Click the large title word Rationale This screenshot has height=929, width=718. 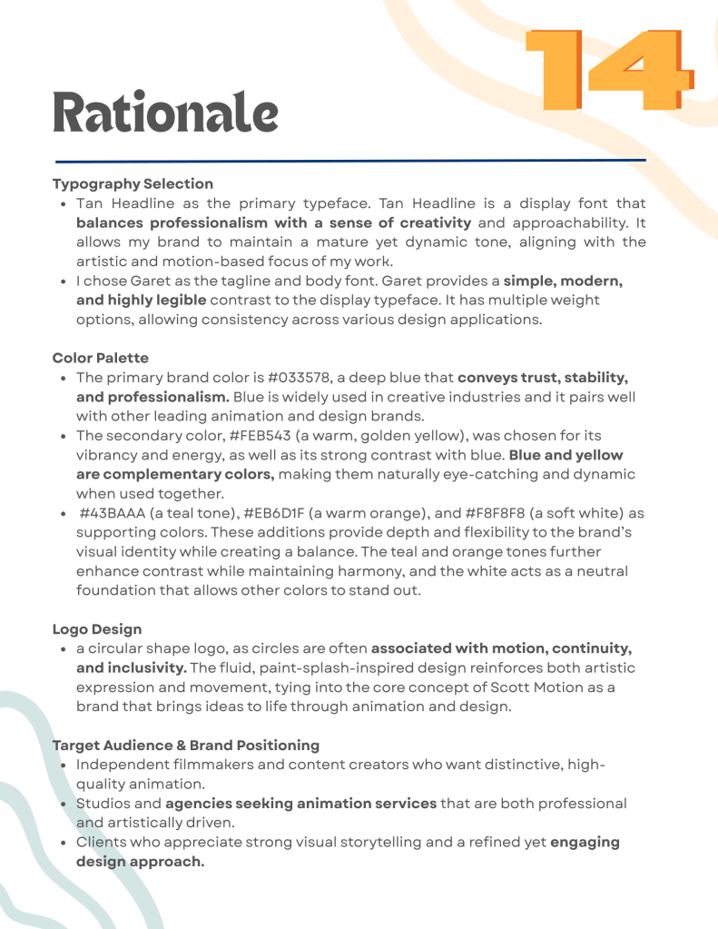coord(165,112)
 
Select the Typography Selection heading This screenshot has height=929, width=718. coord(133,183)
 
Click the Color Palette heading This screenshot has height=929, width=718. coord(100,358)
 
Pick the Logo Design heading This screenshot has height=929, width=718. coord(97,628)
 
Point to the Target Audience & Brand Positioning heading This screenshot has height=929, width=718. coord(186,745)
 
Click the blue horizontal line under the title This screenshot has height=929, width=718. coord(349,161)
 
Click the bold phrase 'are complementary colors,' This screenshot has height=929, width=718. coord(175,474)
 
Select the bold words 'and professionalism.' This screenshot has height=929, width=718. coord(152,397)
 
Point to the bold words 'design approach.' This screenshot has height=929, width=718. coord(140,861)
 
